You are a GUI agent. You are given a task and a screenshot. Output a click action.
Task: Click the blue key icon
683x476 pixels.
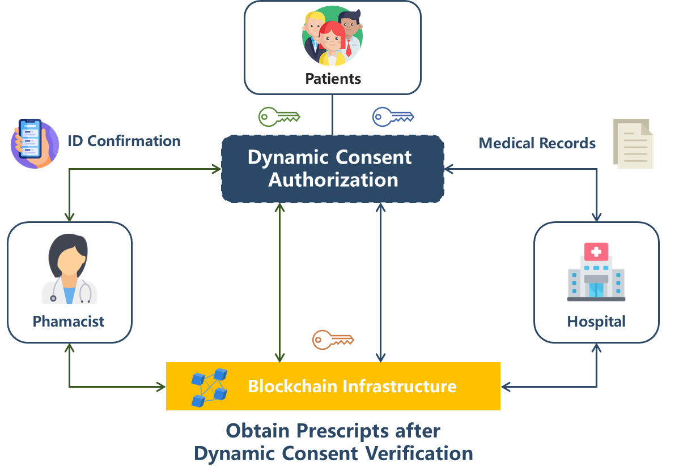pos(393,117)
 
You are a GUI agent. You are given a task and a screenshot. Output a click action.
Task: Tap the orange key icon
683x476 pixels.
pos(333,340)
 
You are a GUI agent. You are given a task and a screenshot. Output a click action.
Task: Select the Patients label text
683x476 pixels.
pos(333,78)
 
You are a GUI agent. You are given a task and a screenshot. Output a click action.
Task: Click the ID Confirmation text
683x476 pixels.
pos(124,141)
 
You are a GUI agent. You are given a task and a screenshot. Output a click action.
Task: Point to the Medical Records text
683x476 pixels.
pos(537,143)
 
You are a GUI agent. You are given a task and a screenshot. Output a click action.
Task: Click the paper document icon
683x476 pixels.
pos(633,144)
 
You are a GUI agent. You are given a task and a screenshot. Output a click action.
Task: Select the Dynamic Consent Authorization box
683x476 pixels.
pos(333,169)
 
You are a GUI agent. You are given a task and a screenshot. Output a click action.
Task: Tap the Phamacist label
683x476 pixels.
pos(69,321)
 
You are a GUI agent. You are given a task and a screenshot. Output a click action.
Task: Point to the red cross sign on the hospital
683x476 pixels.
pos(596,251)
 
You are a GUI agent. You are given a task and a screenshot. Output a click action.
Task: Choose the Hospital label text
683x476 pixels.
pos(596,321)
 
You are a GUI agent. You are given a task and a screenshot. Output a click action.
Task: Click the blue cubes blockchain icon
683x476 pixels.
pos(209,387)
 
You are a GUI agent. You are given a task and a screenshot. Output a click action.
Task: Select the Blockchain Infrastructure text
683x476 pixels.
pos(352,387)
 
